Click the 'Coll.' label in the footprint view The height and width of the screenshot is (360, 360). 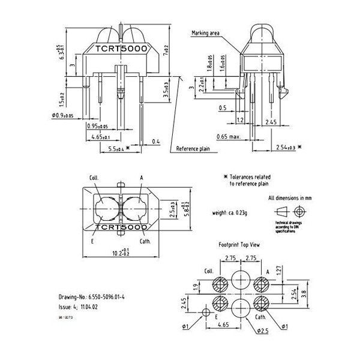pos(209,270)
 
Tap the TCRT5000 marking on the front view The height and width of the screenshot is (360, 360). pos(118,49)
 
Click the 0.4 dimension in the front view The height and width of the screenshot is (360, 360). pos(156,142)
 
